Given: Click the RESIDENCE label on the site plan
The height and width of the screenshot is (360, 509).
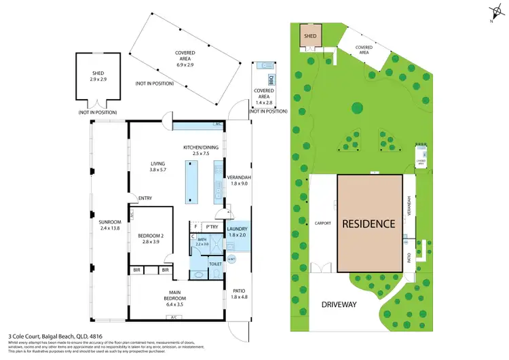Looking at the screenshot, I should coord(368,223).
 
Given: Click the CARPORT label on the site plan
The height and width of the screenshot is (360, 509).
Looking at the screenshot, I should coord(322,223).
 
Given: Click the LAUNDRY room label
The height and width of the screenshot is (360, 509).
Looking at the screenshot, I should coord(238,230).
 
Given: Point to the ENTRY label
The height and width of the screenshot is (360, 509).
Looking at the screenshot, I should coord(145,198).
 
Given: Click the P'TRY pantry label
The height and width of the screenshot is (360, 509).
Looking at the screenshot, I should coord(212,227).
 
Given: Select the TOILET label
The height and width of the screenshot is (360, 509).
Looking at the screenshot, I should coord(215,264).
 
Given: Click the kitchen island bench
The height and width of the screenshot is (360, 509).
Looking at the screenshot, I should coord(191,183).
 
